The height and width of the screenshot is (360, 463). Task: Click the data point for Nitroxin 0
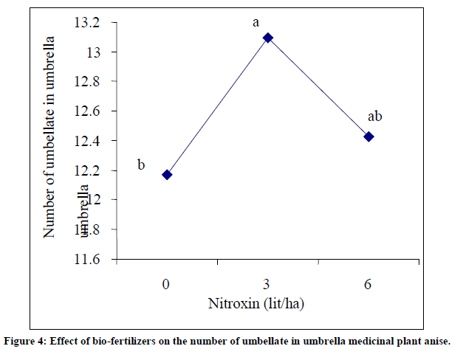(167, 175)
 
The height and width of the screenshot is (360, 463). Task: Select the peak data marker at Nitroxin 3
(268, 37)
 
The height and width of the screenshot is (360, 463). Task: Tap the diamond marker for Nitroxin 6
(369, 136)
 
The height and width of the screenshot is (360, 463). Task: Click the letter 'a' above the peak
(255, 22)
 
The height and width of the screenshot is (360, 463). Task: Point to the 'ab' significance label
(374, 117)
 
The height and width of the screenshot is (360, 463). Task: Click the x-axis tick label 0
(167, 283)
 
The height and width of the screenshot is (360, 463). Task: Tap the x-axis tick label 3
(268, 283)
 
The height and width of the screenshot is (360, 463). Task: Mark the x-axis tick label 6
(369, 283)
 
